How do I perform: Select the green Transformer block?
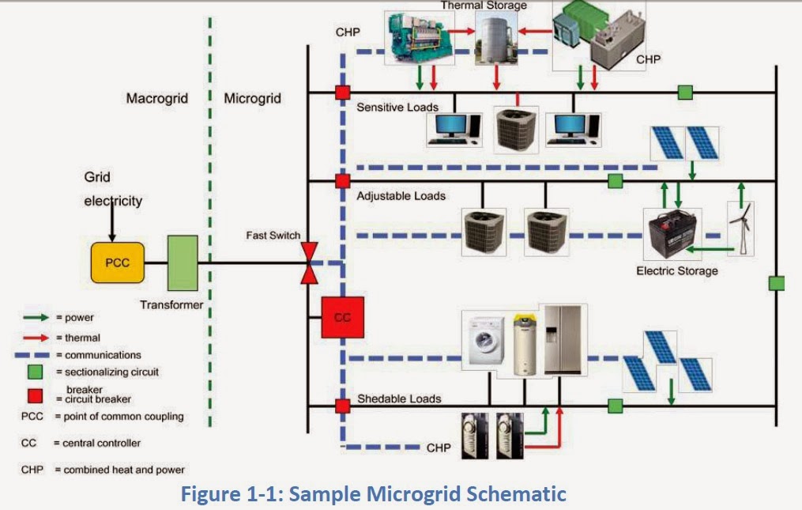183,262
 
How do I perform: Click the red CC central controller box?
342,318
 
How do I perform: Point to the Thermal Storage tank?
495,41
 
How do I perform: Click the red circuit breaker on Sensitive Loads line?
342,93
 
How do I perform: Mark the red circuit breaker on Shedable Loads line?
342,406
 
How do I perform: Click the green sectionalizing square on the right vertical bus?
777,282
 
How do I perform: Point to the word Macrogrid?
156,99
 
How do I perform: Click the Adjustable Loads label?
401,195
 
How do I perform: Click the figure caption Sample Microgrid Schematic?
374,494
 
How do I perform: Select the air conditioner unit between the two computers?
516,126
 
